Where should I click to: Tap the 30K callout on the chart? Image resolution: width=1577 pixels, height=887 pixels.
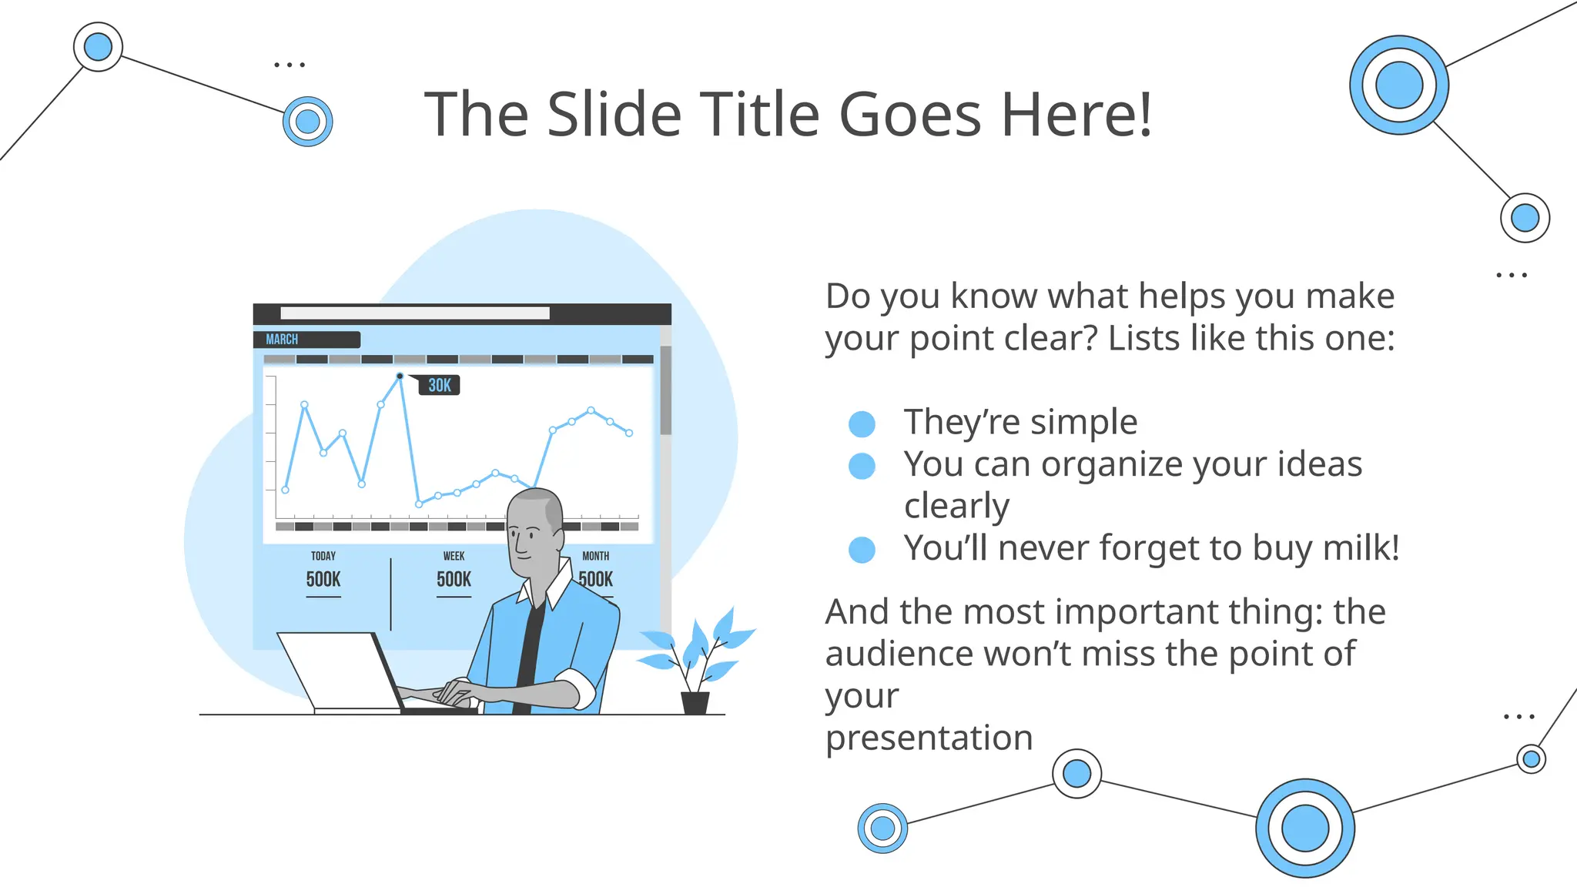439,385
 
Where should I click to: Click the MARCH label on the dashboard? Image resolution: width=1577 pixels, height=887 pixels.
282,340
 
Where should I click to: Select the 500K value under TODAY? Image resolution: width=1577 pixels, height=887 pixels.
323,579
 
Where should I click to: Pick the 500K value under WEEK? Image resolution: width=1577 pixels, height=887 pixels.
454,579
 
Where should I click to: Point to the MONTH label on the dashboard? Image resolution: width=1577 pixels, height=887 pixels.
595,556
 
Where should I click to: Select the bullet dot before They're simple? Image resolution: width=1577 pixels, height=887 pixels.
862,423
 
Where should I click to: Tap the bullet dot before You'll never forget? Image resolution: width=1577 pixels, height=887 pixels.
862,550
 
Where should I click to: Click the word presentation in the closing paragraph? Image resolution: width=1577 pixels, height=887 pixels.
929,738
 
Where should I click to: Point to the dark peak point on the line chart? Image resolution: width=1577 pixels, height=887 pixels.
400,376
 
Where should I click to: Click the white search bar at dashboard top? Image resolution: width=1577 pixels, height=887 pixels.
415,313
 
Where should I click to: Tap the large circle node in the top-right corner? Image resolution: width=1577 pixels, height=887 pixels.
1398,85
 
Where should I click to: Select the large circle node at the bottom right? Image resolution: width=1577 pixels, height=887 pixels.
1304,828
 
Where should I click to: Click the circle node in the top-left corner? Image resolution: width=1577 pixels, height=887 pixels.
98,47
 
